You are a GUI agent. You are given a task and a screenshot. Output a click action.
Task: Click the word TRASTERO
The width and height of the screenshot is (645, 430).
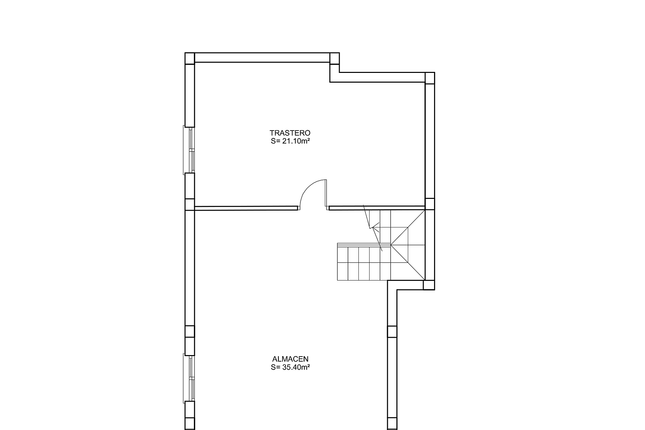point(290,133)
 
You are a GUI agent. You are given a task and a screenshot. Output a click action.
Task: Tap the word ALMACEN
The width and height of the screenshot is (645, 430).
point(290,359)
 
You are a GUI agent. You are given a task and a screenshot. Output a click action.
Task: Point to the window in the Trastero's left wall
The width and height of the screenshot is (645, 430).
point(189,150)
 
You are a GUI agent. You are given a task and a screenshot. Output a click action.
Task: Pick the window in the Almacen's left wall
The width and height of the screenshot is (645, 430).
point(189,378)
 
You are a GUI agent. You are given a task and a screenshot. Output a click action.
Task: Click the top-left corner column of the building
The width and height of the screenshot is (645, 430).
point(190,58)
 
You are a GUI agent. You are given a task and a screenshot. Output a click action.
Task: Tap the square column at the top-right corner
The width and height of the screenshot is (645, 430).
point(430,78)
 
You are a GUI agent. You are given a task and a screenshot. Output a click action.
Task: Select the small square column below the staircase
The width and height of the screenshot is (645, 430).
point(429,285)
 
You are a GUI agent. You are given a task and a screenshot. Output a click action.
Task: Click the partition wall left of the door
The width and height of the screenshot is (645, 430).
point(246,208)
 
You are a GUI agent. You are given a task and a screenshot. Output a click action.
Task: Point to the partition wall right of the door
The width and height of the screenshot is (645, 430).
point(377,208)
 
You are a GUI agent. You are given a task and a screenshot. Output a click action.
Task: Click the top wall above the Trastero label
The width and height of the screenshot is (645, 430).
point(262,57)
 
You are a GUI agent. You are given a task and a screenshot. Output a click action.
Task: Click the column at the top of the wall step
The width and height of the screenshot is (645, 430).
point(335,58)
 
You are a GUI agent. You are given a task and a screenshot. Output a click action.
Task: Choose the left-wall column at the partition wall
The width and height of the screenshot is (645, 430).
point(190,204)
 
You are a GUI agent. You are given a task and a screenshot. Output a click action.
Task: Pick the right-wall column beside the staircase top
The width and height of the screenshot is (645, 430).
point(430,204)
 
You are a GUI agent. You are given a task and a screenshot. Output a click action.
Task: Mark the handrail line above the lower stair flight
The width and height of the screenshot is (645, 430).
point(364,244)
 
